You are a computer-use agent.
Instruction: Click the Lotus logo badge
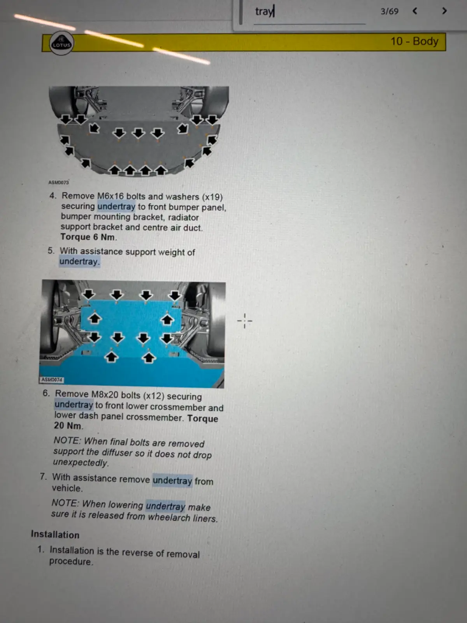pos(61,44)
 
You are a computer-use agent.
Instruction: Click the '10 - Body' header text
pos(414,41)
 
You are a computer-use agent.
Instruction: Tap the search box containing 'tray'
pos(309,12)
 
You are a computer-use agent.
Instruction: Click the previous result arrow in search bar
pos(415,11)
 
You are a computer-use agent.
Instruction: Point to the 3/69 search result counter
pos(389,11)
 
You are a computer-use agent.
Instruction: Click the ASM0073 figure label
pos(58,182)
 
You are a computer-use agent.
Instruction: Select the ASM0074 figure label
pos(52,380)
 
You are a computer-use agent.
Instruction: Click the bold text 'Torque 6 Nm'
pos(88,237)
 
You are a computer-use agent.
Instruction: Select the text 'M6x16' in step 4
pos(111,196)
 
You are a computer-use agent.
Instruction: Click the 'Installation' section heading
pos(55,535)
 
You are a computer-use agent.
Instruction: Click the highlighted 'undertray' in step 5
pos(79,261)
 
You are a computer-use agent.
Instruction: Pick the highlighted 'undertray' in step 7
pos(172,480)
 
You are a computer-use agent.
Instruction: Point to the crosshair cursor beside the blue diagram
pos(244,321)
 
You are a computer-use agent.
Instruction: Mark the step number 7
pos(43,477)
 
